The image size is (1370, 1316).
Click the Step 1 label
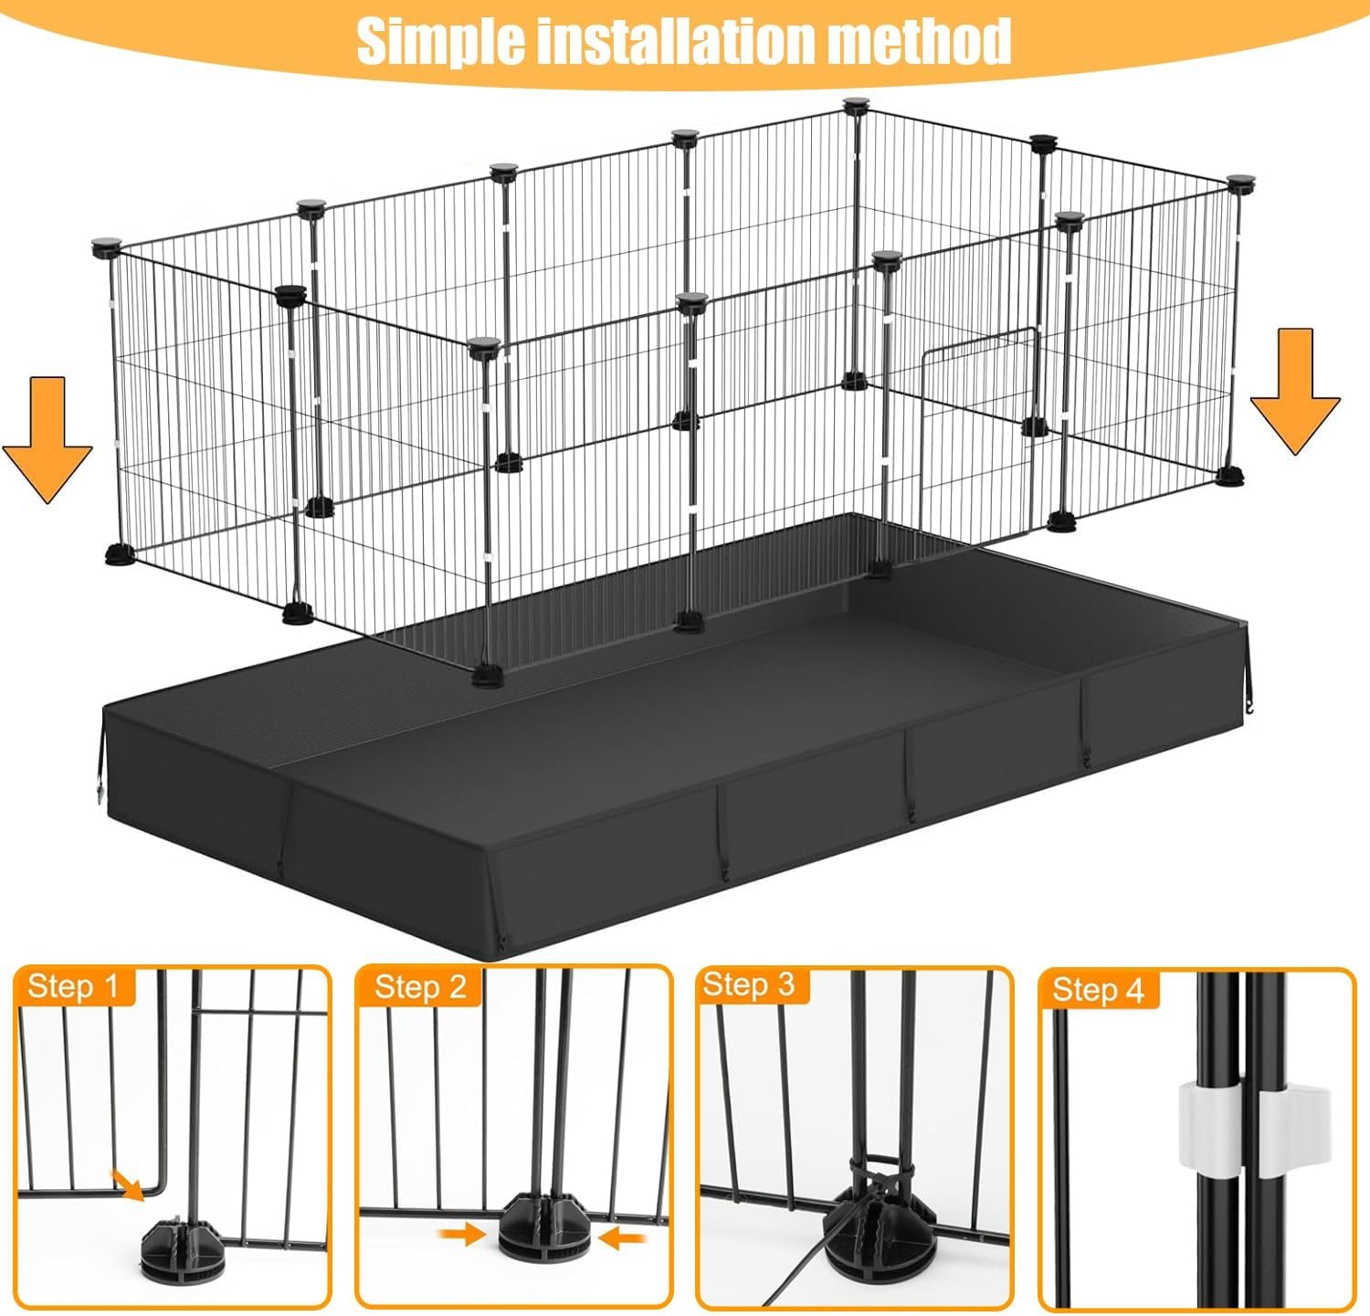[73, 986]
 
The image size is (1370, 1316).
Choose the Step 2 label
[420, 986]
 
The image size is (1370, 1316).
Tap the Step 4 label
[1098, 990]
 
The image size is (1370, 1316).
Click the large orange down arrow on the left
[47, 439]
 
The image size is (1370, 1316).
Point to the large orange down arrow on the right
[1295, 391]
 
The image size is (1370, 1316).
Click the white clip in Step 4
[1248, 1124]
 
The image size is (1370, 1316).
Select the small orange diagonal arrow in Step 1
[129, 1184]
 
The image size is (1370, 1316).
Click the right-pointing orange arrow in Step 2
[462, 1236]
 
